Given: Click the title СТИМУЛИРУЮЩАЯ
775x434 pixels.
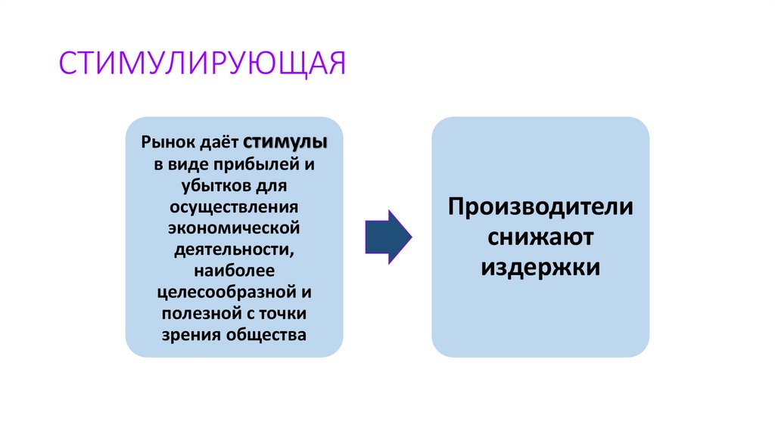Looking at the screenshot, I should pos(203,64).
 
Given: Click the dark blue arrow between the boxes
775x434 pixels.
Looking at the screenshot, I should pos(387,237).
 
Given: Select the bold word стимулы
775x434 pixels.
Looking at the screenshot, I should pos(285,142).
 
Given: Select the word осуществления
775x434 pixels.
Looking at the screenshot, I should pos(235,206).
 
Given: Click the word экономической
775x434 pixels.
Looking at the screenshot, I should pos(235,227).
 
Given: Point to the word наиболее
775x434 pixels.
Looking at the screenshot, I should pos(234,270).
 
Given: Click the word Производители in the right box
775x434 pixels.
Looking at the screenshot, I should pos(540,207).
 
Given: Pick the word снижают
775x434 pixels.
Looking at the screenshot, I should pos(540,237).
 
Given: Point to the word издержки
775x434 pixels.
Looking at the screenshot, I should pos(540,268).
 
